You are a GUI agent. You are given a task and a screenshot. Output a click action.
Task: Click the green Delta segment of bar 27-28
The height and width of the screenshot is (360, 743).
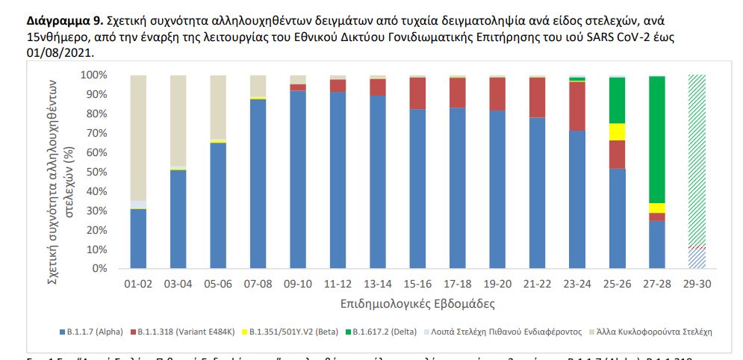(657, 138)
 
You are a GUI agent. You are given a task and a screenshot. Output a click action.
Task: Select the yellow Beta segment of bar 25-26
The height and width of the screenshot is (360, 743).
(617, 131)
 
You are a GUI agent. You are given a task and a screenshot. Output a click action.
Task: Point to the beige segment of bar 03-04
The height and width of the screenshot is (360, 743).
(178, 120)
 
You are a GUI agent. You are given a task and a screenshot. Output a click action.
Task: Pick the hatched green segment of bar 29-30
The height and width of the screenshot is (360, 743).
(697, 160)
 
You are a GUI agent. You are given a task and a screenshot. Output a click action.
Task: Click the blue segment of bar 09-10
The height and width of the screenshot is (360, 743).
(298, 179)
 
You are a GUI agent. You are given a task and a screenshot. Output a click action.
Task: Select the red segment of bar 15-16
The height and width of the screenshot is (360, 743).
(418, 93)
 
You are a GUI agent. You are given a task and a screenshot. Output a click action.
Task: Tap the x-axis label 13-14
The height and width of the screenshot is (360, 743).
(378, 285)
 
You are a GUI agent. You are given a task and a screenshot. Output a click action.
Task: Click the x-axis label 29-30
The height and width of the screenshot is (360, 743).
(697, 285)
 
